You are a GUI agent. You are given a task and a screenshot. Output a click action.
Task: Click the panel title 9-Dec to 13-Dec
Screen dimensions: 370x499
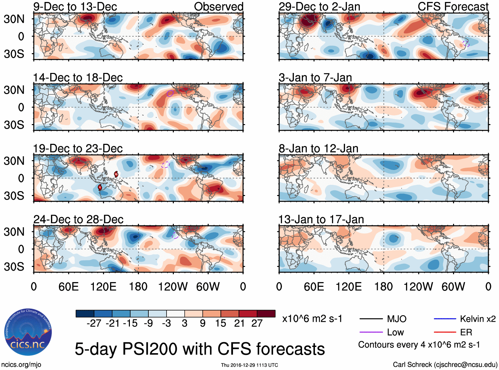click(x=75, y=7)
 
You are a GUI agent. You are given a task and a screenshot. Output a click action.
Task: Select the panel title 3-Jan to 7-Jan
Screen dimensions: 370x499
click(x=315, y=78)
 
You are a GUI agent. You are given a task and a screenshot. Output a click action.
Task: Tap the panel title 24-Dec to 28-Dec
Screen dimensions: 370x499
click(x=78, y=219)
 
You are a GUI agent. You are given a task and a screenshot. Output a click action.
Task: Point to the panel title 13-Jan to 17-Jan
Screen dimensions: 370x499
click(x=321, y=219)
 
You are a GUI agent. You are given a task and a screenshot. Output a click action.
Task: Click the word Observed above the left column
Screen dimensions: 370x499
click(x=218, y=7)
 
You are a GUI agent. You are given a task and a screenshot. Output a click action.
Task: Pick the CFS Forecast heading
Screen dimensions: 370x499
click(x=453, y=7)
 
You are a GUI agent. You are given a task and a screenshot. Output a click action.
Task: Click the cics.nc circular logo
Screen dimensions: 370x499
click(x=28, y=332)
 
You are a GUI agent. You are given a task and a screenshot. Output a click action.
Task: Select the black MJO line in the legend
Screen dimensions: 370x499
click(x=371, y=319)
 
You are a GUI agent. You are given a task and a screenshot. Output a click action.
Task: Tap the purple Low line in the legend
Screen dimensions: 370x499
click(x=371, y=332)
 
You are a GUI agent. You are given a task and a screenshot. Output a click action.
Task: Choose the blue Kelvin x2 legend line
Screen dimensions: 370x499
click(x=445, y=319)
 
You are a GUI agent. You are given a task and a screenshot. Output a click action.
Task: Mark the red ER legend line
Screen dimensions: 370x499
click(x=445, y=332)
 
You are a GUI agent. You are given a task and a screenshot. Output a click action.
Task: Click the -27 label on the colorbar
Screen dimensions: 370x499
click(x=94, y=323)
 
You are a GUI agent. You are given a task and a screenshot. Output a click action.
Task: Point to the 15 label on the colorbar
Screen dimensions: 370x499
click(x=220, y=323)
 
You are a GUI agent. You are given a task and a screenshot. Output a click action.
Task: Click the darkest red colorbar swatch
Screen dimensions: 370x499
click(x=266, y=314)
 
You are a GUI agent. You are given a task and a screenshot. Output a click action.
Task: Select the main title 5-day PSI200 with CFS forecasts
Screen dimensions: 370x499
click(x=200, y=349)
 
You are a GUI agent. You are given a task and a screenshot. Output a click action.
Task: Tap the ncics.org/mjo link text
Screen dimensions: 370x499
click(x=21, y=365)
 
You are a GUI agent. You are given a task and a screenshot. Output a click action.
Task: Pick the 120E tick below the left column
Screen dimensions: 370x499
click(x=103, y=286)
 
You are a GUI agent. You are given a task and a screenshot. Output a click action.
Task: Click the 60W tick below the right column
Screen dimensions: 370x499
click(x=453, y=286)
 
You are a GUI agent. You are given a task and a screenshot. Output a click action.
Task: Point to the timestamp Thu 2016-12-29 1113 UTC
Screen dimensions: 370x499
click(x=249, y=365)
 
